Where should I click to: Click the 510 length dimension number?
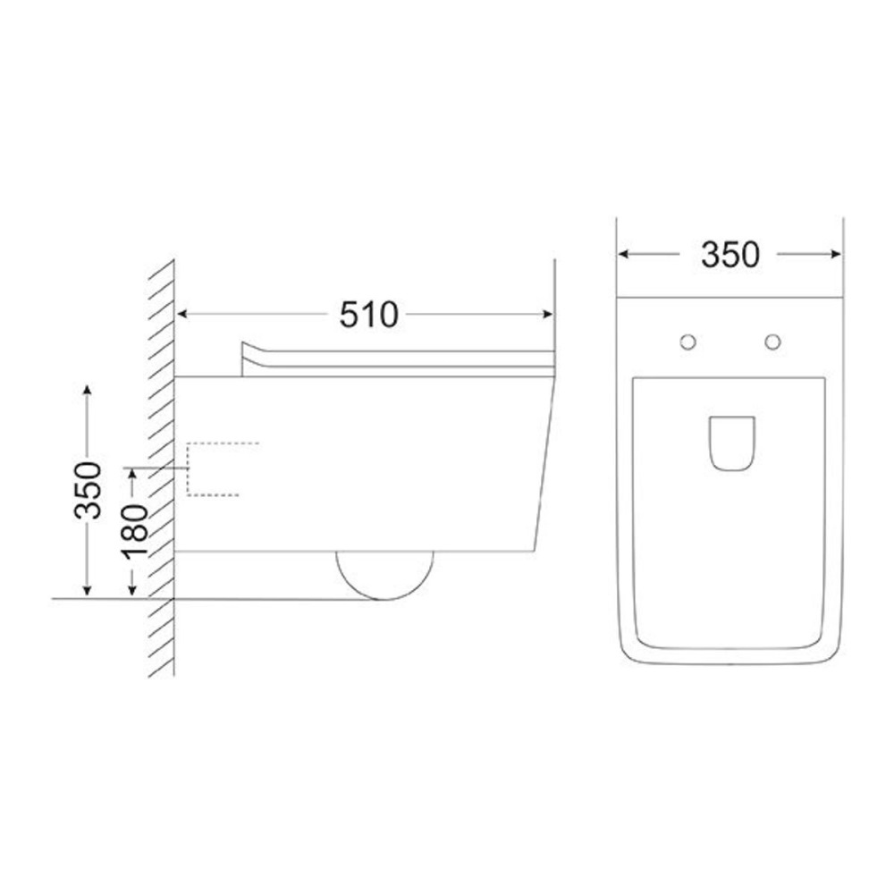point(368,314)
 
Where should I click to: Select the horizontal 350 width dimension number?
point(730,255)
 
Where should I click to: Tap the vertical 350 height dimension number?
point(88,490)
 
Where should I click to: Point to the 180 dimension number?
point(133,530)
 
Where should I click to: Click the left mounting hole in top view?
point(688,342)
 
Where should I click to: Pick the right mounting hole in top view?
point(772,342)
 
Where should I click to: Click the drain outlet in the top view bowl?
point(732,443)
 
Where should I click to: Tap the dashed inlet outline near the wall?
point(188,469)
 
